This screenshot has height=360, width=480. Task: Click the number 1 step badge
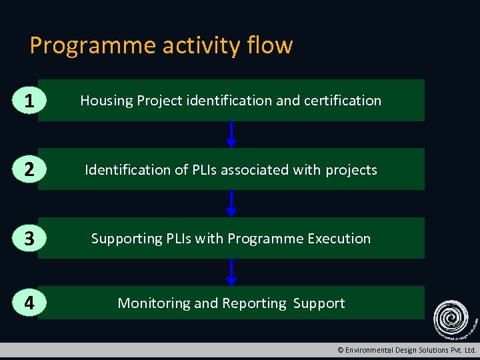point(27,101)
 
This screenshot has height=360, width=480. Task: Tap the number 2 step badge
point(27,169)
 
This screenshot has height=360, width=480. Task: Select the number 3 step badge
point(27,238)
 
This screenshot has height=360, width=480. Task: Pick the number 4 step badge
point(27,303)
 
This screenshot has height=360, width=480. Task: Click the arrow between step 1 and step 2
point(231,134)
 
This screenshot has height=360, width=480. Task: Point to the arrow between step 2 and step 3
point(231,203)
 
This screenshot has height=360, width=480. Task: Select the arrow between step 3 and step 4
point(231,272)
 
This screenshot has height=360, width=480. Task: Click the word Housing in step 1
point(107,101)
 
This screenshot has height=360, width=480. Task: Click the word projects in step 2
point(351,170)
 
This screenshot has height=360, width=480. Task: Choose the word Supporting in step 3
point(123,239)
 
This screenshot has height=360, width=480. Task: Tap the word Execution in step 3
point(339,238)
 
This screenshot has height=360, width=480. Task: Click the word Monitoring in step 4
point(154,303)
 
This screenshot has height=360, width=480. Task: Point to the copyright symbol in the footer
point(341,350)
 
